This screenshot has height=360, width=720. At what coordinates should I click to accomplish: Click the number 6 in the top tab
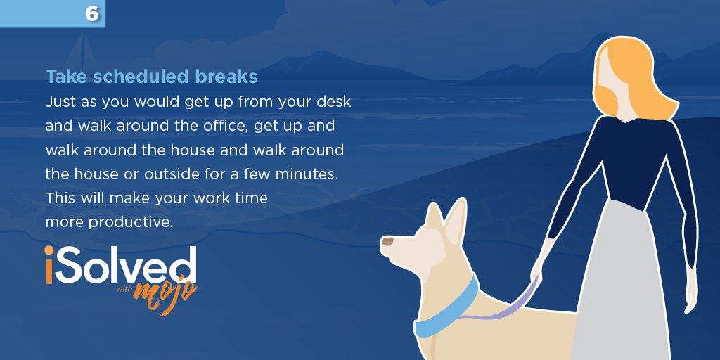click(x=91, y=13)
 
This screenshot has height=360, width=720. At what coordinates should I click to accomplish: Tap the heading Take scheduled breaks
click(x=151, y=76)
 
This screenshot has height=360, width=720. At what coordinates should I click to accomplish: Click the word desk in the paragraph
click(x=333, y=102)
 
